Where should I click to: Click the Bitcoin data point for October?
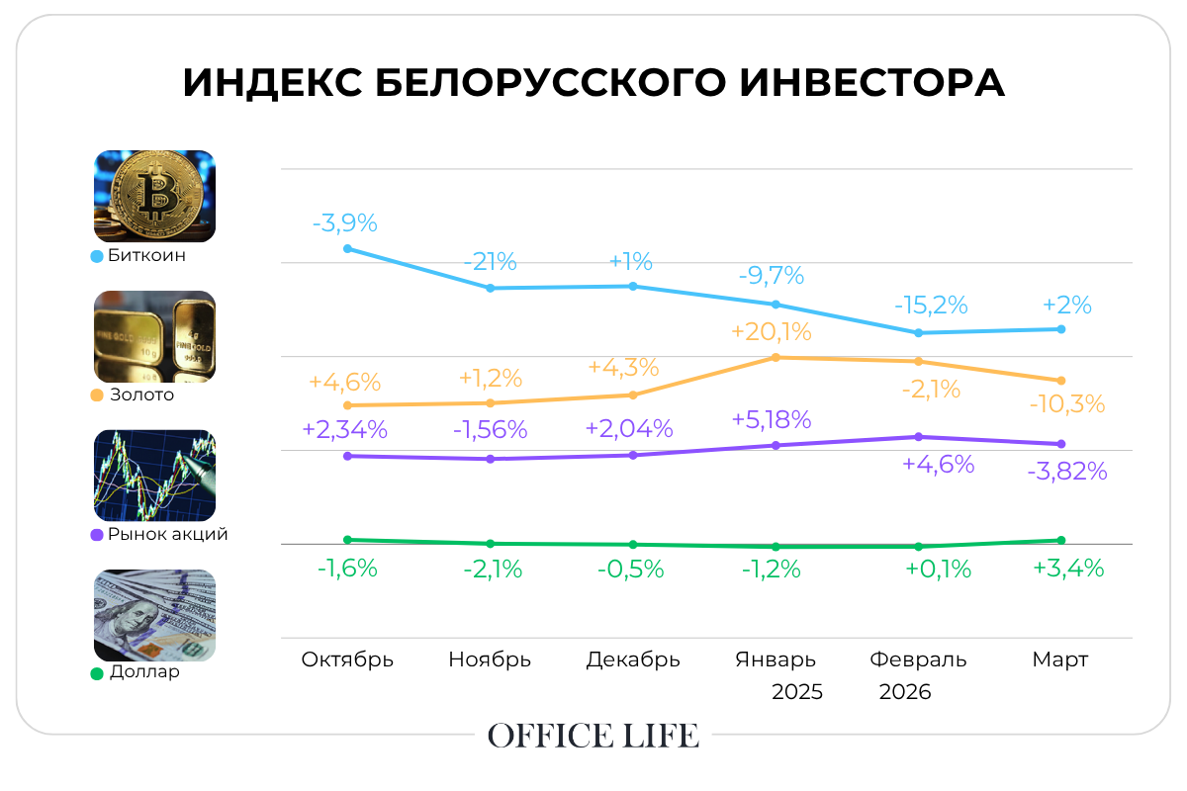(347, 248)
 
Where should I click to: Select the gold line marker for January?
(776, 357)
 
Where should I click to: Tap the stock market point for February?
(919, 436)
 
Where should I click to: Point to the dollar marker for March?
(1061, 540)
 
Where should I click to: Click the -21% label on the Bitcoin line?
(491, 262)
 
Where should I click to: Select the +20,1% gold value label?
(771, 331)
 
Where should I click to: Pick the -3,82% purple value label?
(1067, 472)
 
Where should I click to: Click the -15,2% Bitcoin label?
(931, 305)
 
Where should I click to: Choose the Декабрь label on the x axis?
(633, 659)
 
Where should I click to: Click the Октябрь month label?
(347, 659)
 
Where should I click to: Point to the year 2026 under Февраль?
(905, 691)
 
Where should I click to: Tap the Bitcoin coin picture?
(154, 196)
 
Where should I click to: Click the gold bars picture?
(154, 336)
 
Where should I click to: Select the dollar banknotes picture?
(154, 615)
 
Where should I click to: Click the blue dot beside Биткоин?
(97, 256)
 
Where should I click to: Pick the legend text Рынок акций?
(168, 534)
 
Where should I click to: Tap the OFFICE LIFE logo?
(593, 736)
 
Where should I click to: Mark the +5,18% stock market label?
(772, 419)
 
